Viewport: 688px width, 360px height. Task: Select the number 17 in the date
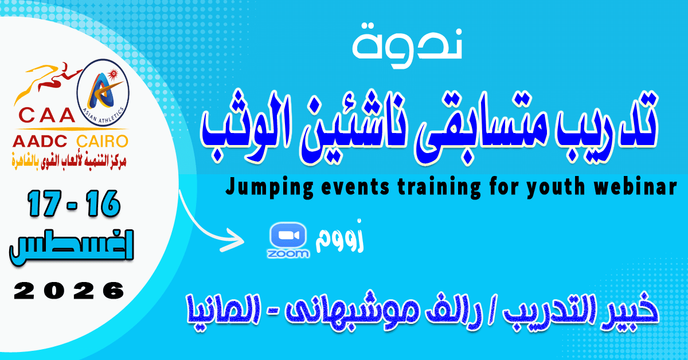point(44,204)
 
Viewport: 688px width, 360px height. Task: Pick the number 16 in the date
point(103,204)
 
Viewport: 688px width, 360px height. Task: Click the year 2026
point(69,291)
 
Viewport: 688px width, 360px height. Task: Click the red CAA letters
point(46,115)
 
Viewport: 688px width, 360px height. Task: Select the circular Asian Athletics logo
point(103,93)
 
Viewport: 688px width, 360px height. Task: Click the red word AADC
point(40,141)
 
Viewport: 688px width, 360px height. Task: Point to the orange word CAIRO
point(102,141)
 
